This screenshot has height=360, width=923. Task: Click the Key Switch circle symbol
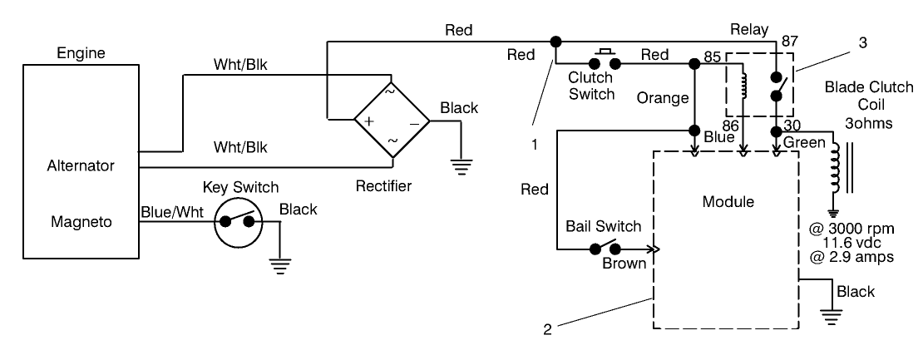coord(235,222)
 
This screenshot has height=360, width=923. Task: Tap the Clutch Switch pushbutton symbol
coord(605,62)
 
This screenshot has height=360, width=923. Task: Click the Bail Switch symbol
coord(605,248)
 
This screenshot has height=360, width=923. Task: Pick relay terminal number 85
coord(711,58)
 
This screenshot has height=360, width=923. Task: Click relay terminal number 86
coord(731,126)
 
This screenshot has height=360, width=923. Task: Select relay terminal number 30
coord(792,126)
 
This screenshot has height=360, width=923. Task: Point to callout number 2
coord(546,328)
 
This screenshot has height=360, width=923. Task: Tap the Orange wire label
coord(663,97)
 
